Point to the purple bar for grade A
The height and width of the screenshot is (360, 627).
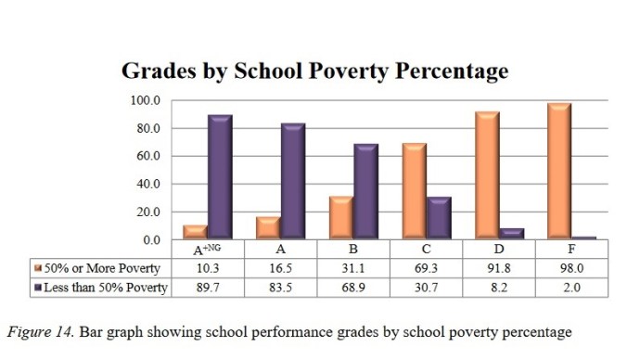click(292, 182)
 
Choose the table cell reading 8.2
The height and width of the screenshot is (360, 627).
click(499, 288)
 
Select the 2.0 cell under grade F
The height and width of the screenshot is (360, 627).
click(572, 288)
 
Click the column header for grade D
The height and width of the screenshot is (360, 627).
click(499, 250)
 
